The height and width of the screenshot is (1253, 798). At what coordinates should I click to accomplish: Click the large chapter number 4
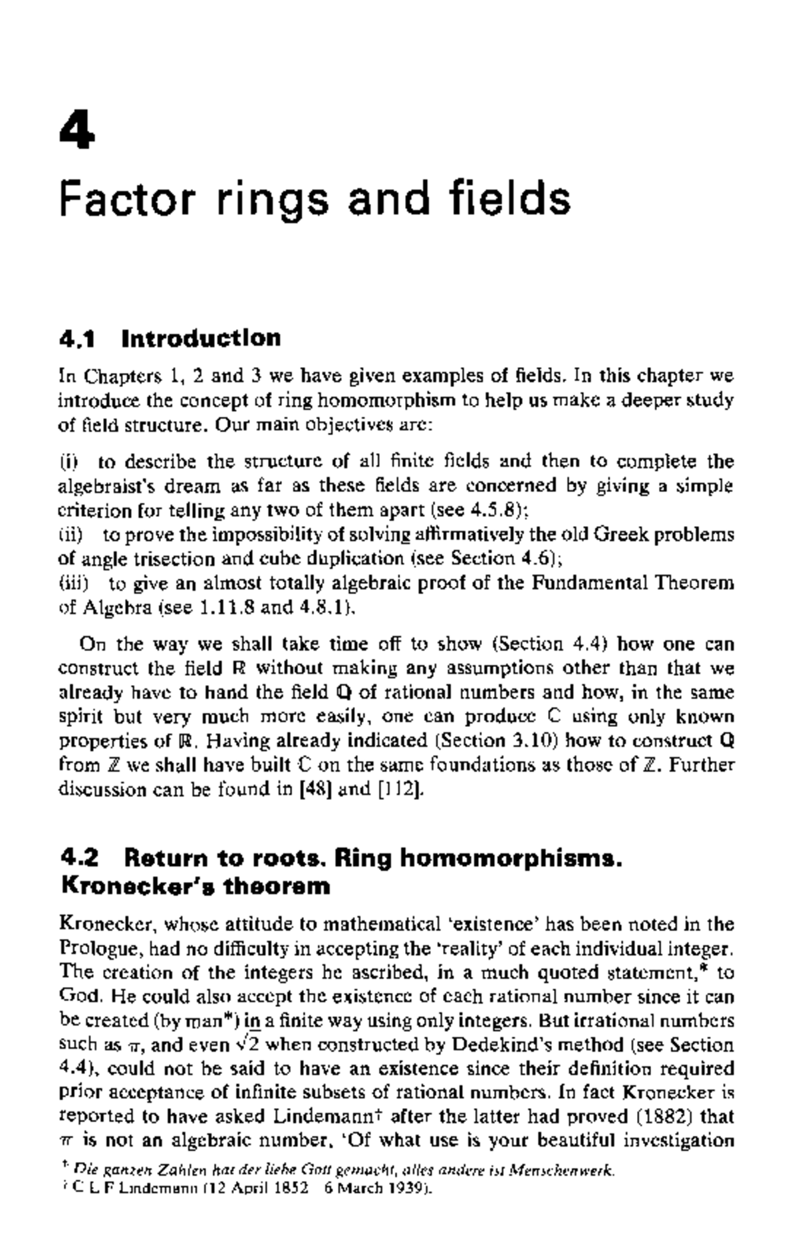coord(77,130)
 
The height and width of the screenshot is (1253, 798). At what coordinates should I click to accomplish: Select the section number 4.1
coord(78,339)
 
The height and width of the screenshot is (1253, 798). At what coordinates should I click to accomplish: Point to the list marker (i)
coord(68,461)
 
